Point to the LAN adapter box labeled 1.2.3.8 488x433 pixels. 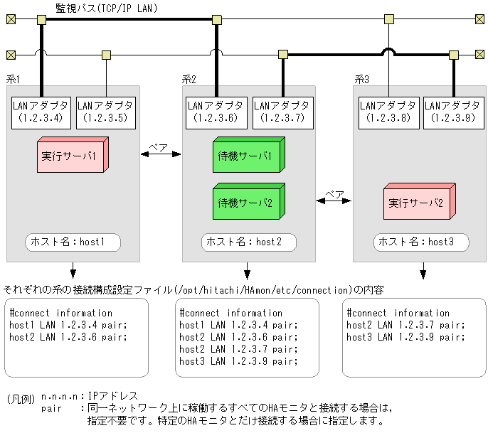387,112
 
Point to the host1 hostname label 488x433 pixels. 73,242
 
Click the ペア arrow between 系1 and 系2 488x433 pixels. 161,154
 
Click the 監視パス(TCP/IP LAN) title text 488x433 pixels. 107,8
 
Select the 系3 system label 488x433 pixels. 361,79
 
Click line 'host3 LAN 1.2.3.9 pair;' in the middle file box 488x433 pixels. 239,361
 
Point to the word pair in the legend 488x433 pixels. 52,408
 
